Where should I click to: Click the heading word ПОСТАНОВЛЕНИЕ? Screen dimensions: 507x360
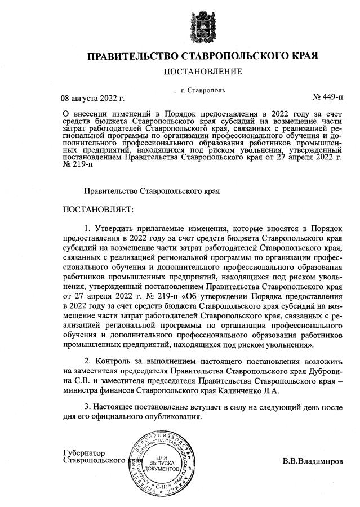[202, 72]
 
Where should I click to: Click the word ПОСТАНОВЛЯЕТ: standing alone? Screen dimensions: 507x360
[97, 210]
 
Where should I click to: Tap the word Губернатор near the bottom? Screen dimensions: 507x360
[85, 453]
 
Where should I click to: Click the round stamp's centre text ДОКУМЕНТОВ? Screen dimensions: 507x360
[161, 469]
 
